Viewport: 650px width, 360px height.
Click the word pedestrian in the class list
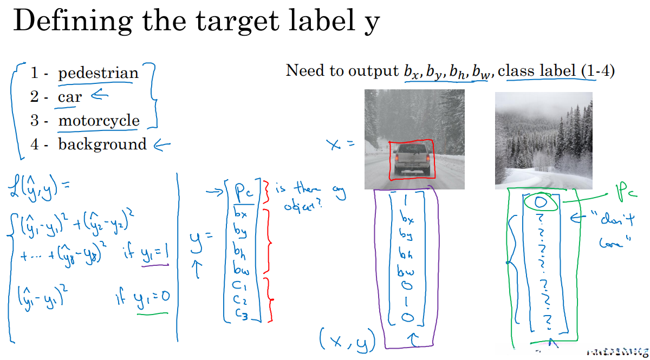click(x=98, y=73)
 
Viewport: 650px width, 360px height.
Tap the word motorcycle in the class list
click(x=99, y=121)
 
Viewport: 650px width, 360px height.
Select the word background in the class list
click(x=102, y=145)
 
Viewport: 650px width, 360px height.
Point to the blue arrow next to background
click(x=162, y=145)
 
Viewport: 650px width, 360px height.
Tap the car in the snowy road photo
click(x=412, y=158)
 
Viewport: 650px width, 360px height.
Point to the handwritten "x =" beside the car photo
click(x=340, y=145)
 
